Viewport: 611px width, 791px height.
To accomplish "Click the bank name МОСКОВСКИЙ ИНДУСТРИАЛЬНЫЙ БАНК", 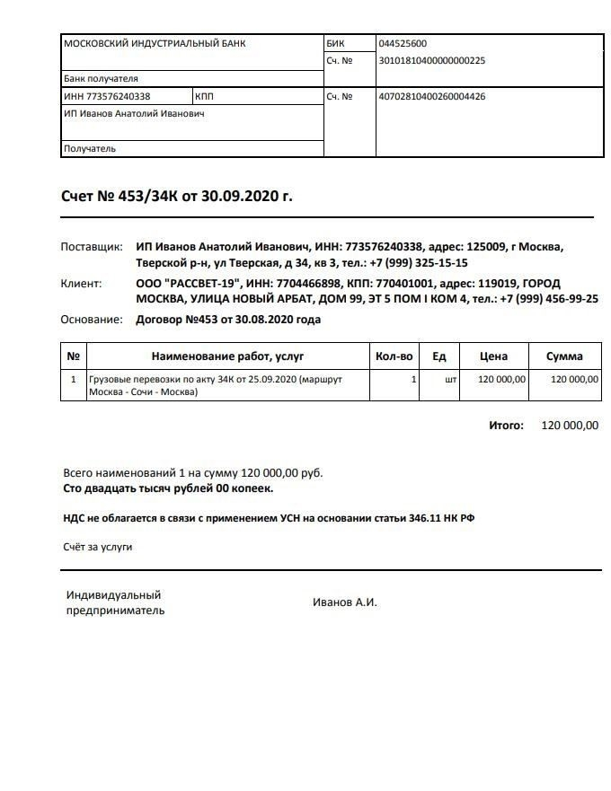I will [155, 43].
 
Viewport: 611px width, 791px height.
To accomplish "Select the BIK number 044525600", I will [403, 43].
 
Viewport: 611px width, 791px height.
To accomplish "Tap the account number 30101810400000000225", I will [432, 61].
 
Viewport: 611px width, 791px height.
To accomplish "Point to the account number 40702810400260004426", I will [432, 96].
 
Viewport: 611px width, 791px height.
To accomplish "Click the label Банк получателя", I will [101, 78].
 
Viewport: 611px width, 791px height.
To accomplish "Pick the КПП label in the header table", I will [204, 96].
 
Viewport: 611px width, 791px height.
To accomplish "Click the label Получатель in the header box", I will [90, 149].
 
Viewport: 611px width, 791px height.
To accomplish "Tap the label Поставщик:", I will [91, 247].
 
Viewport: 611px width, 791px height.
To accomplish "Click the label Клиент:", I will [82, 283].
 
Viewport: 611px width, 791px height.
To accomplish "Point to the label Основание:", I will [91, 319].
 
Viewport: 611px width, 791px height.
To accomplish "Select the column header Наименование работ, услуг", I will [228, 356].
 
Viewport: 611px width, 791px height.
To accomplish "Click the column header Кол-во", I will [394, 356].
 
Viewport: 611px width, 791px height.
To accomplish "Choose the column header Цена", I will [493, 356].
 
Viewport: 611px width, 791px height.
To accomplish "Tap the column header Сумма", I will [564, 356].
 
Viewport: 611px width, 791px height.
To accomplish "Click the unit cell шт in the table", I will [450, 380].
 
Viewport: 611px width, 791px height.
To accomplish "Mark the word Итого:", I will [506, 426].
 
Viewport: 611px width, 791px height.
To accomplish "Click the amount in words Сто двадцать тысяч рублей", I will [168, 488].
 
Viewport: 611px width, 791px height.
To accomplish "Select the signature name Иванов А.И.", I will [344, 602].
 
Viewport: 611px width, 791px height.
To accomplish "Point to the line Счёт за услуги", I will [97, 546].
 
